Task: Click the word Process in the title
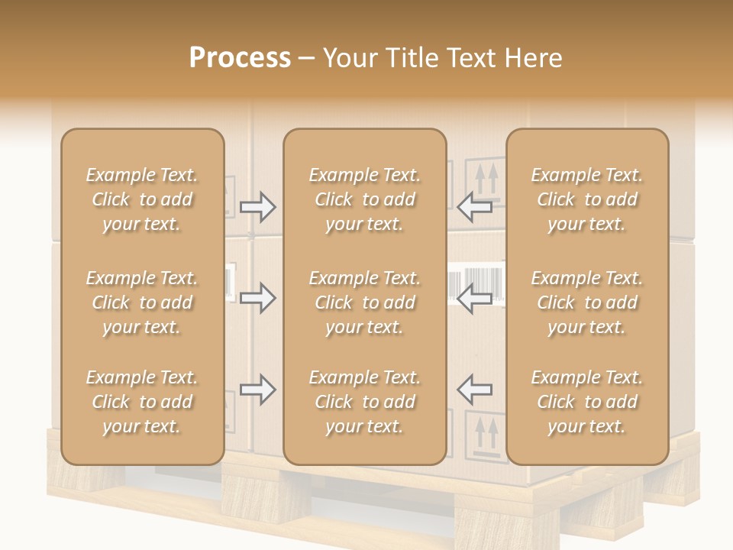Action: tap(240, 58)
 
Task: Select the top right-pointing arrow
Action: tap(257, 207)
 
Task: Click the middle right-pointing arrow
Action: tap(257, 298)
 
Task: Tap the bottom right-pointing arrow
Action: tap(257, 390)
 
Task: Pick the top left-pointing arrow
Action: tap(474, 205)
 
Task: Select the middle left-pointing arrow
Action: tap(474, 298)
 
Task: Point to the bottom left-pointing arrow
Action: tap(474, 389)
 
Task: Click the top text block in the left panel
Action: tap(142, 199)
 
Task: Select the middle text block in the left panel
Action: tap(142, 302)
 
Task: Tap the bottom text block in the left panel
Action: tap(142, 402)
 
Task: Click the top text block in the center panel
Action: tap(364, 199)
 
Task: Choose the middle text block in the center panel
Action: tap(364, 302)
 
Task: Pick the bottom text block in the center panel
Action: tap(364, 402)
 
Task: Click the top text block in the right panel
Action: tap(587, 199)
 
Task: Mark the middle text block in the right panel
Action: tap(587, 302)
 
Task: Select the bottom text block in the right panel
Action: tap(587, 402)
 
